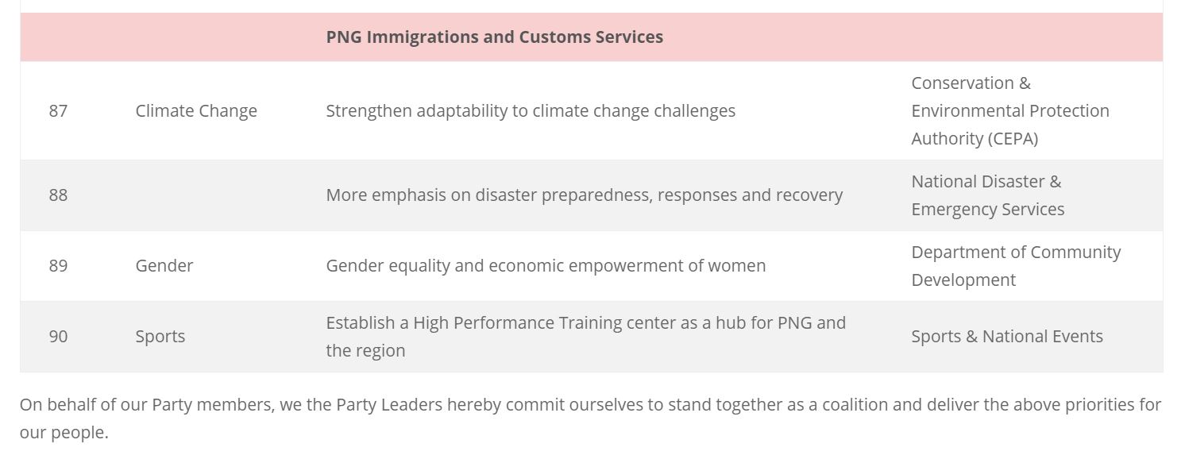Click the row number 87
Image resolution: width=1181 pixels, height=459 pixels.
coord(58,110)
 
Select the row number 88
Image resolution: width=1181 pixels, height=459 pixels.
coord(58,195)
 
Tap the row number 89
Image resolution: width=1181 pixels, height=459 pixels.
coord(58,265)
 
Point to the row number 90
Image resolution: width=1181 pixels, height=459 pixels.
coord(58,336)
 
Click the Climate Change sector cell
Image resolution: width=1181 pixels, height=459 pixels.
coord(196,111)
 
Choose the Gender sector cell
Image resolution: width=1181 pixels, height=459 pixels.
coord(164,265)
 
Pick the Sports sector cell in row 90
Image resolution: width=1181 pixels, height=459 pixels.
coord(160,337)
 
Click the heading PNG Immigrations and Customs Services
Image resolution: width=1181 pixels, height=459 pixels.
coord(495,37)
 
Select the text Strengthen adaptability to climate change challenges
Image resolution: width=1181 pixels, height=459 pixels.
coord(531,111)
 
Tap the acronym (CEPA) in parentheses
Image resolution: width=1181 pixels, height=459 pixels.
coord(1013,139)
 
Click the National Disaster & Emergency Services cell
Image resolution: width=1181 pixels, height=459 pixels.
coord(987,195)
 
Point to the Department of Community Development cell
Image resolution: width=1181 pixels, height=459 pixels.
coord(1016,265)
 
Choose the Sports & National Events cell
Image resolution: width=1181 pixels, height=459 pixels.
coord(1007,336)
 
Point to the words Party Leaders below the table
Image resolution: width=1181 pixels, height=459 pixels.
coord(389,405)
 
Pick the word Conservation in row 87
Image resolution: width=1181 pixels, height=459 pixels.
coord(963,83)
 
